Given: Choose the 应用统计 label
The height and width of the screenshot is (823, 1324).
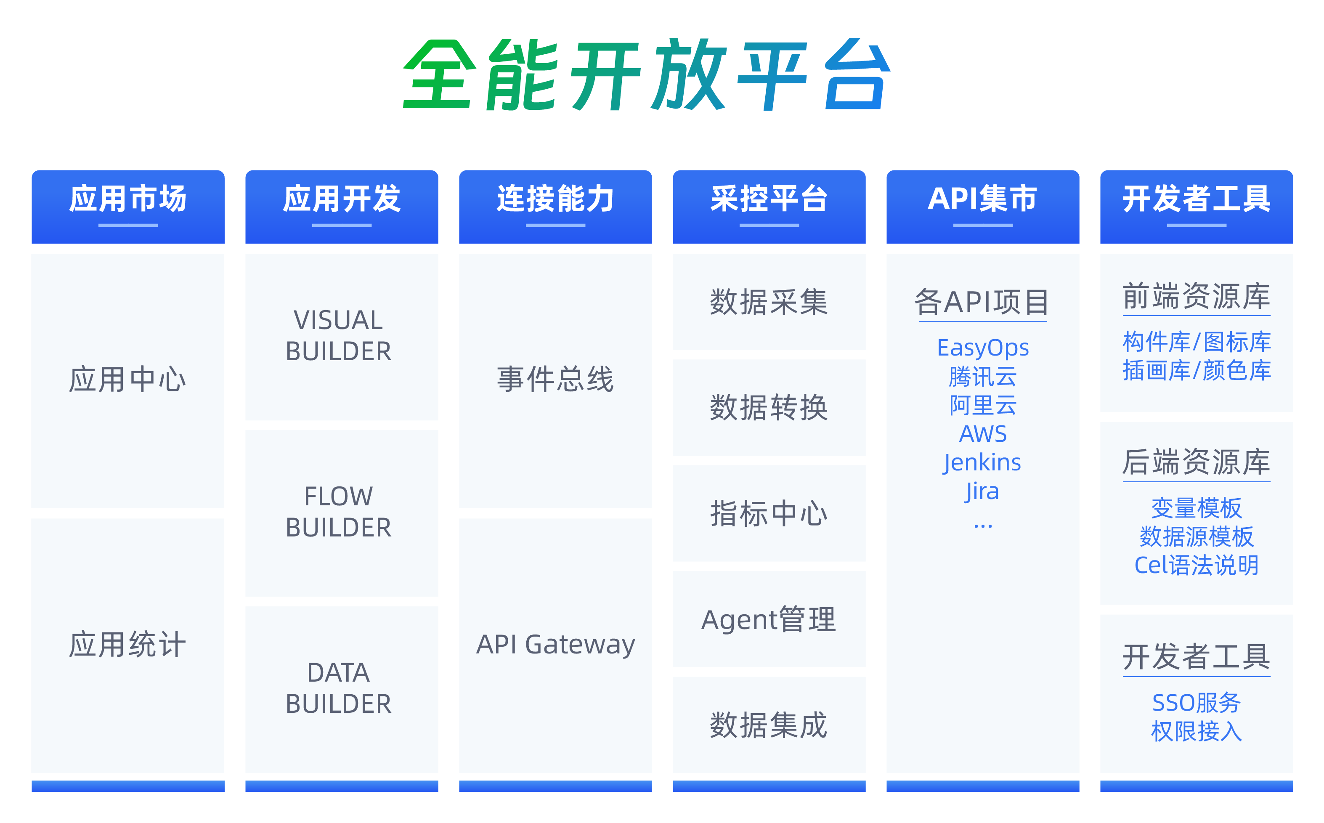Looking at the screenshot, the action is [x=128, y=645].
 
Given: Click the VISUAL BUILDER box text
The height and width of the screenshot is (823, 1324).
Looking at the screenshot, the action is [x=339, y=335].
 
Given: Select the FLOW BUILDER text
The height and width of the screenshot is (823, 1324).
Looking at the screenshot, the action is [x=339, y=512].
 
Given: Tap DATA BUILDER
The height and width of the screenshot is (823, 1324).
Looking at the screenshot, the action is [x=339, y=688].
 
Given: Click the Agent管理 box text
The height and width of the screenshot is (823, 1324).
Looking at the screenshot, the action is [x=769, y=619].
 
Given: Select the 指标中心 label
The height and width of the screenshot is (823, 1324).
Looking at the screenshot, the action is [x=769, y=513].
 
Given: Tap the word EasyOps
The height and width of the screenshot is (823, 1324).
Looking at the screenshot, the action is [x=983, y=348].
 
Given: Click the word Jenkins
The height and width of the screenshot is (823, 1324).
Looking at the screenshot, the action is [x=982, y=463].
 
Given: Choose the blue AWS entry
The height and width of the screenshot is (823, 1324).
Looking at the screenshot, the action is [x=983, y=434].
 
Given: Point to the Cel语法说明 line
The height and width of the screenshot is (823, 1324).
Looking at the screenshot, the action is [x=1196, y=565].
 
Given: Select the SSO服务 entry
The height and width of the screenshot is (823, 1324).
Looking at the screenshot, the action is [x=1196, y=703].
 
